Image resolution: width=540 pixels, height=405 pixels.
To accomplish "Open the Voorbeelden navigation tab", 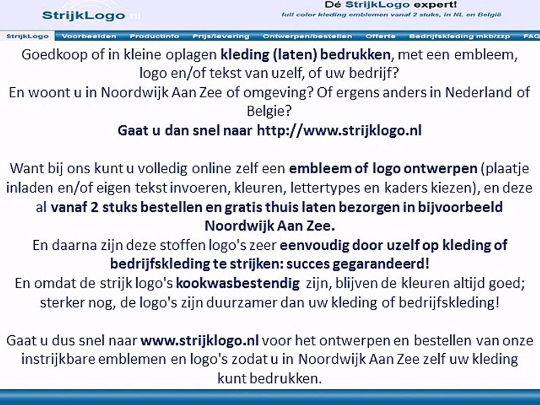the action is [89, 36].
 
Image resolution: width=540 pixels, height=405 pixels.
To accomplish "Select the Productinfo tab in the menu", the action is [155, 36].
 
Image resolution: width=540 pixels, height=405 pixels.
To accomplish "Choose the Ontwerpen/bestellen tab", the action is [307, 36].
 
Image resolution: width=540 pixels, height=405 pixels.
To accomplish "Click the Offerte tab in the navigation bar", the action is [380, 36].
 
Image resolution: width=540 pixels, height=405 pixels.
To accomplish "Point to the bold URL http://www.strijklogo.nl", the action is [339, 130].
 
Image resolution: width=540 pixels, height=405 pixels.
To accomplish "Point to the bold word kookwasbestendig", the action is [238, 283].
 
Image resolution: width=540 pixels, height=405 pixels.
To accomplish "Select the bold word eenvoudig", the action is [313, 245].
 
